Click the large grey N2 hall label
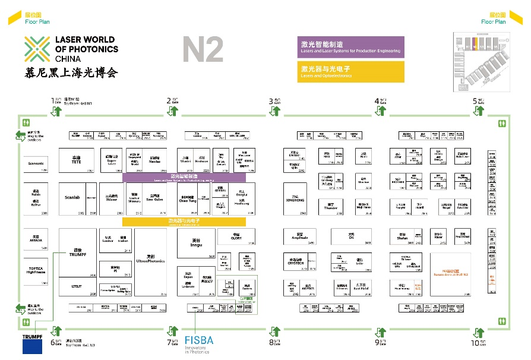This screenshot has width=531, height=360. (x=203, y=50)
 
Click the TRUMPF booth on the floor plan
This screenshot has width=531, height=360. (x=77, y=252)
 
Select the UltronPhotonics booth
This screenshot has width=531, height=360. (x=150, y=261)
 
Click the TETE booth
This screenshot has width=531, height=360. (x=77, y=160)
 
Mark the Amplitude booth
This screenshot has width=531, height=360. (x=299, y=237)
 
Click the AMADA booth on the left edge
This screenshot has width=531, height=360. (x=36, y=239)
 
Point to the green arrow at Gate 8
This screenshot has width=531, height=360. (x=276, y=330)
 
